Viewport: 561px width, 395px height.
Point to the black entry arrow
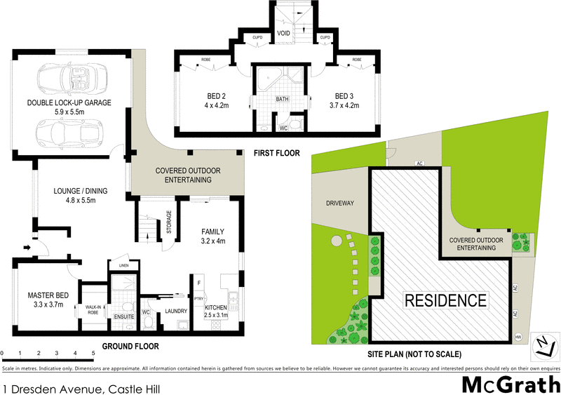[26, 246]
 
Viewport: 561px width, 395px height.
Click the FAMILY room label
[212, 231]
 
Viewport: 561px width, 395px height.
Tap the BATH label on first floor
[283, 100]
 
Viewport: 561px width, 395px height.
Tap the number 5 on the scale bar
[93, 353]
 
